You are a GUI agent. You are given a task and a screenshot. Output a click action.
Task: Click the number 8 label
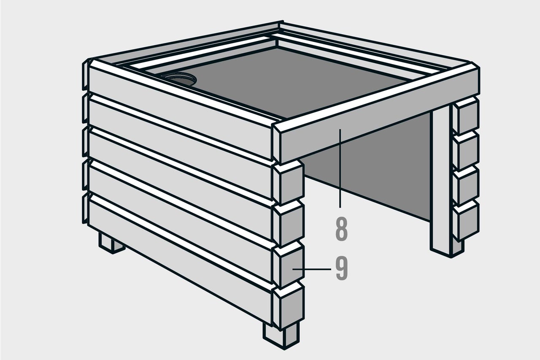click(x=341, y=228)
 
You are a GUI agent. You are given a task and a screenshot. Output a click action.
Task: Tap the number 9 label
click(x=342, y=268)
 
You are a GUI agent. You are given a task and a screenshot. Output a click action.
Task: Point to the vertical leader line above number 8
click(x=340, y=168)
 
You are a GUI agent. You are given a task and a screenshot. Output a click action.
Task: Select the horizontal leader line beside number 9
click(x=311, y=269)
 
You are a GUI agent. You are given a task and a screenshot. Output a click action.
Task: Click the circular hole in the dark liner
click(x=181, y=79)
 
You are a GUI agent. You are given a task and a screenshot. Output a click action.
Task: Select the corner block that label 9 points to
click(x=288, y=265)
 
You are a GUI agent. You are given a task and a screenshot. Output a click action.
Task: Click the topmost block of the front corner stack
click(x=288, y=182)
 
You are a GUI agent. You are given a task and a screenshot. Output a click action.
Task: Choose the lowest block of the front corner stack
click(x=288, y=306)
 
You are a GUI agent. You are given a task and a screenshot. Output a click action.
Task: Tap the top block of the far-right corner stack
click(x=466, y=116)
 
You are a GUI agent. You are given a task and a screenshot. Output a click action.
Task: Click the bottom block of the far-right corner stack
click(x=466, y=220)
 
